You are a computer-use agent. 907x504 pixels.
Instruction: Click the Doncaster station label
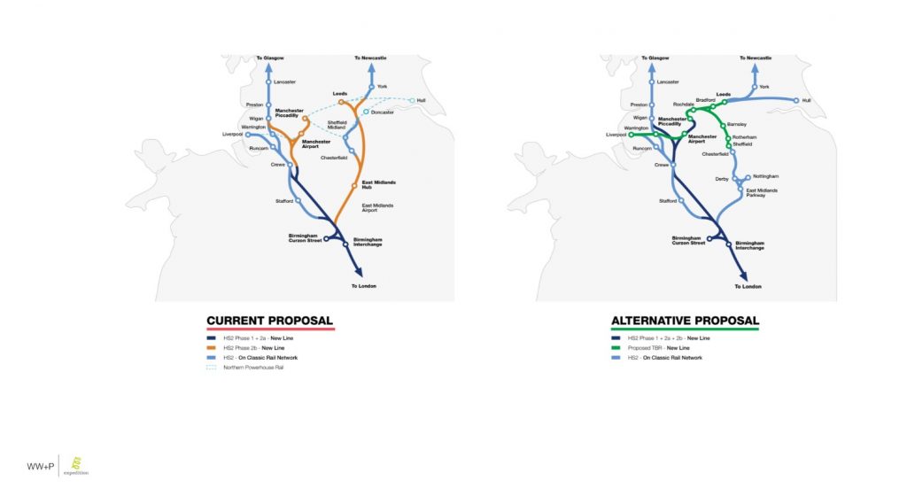coord(384,112)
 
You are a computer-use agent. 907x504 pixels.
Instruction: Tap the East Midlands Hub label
coord(378,184)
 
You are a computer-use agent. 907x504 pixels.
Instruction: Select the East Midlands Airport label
coord(378,207)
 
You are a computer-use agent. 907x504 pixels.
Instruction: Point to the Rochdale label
coord(683,104)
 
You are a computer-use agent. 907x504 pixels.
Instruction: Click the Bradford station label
coord(705,100)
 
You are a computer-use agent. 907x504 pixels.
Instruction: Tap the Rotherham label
coord(743,138)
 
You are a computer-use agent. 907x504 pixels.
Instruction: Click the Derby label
coord(723,179)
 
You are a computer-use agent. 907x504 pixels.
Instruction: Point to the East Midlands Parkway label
coord(763,192)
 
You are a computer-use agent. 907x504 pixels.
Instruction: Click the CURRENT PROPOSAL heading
coord(269,320)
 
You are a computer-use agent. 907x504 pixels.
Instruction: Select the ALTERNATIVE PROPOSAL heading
coord(685,320)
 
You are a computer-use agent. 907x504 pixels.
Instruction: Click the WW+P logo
coord(40,466)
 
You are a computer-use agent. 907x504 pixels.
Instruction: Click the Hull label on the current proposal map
coord(422,100)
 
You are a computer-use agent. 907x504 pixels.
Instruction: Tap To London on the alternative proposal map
coord(749,286)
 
